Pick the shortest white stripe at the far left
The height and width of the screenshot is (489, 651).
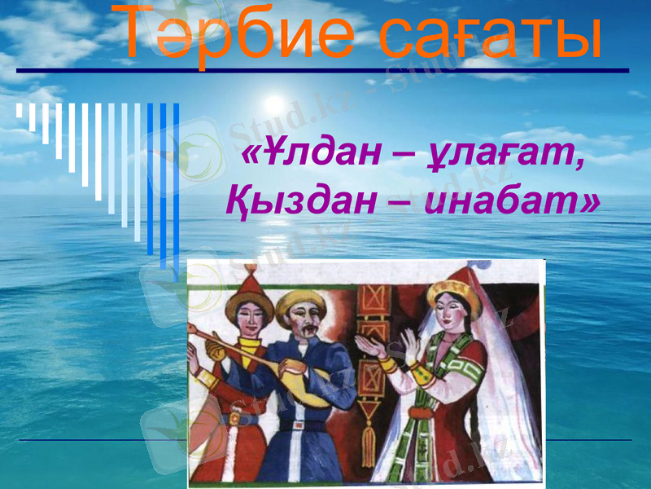(x=20, y=111)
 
